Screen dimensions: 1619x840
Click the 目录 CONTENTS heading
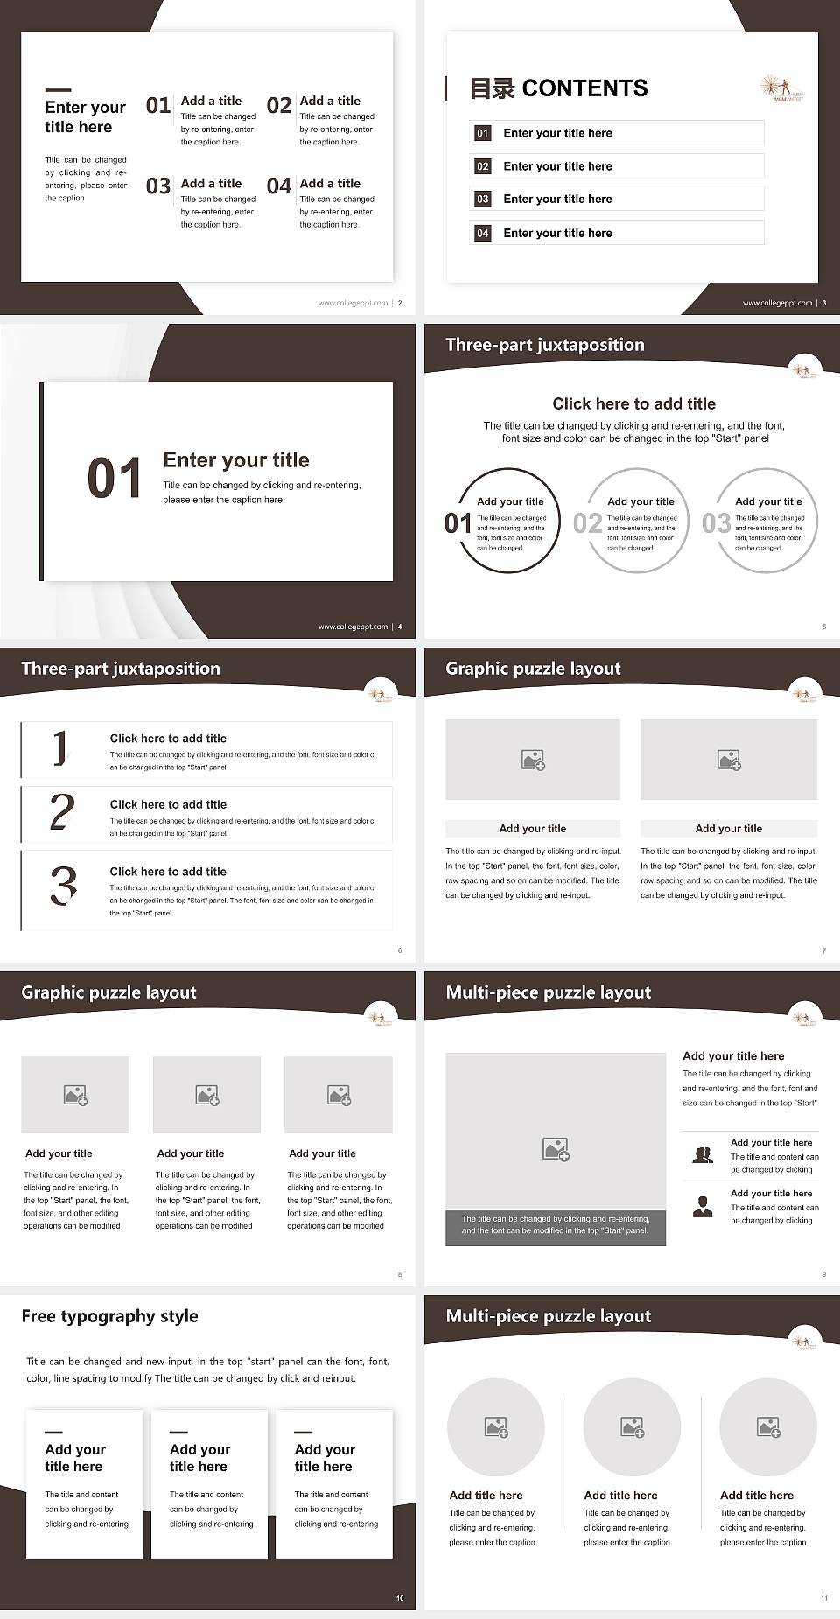tap(558, 88)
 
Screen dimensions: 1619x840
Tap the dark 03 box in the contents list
tap(483, 200)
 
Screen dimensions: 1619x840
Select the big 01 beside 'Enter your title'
tap(115, 479)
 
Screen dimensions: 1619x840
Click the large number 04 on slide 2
tap(279, 186)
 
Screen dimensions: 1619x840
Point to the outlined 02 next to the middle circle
tap(587, 523)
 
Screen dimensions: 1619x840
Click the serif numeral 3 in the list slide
tap(63, 886)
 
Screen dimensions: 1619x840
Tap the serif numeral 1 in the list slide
tap(59, 748)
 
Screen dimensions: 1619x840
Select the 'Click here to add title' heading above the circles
tap(633, 403)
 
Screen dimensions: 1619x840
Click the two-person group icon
tap(703, 1155)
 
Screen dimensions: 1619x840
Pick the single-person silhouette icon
tap(703, 1207)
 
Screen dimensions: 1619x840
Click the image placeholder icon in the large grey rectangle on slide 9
tap(556, 1149)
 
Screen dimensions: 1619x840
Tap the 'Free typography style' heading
tap(109, 1316)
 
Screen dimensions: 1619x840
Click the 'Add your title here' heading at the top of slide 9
tap(733, 1056)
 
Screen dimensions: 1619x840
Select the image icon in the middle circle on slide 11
tap(632, 1427)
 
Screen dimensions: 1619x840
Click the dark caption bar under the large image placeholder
tap(556, 1224)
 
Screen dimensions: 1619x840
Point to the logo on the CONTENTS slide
tap(780, 88)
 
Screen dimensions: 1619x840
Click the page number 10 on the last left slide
tap(400, 1598)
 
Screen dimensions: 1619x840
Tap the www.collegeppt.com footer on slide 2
tap(353, 303)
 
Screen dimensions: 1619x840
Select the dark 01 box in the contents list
tap(483, 133)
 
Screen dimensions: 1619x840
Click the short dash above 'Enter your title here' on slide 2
tap(58, 89)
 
